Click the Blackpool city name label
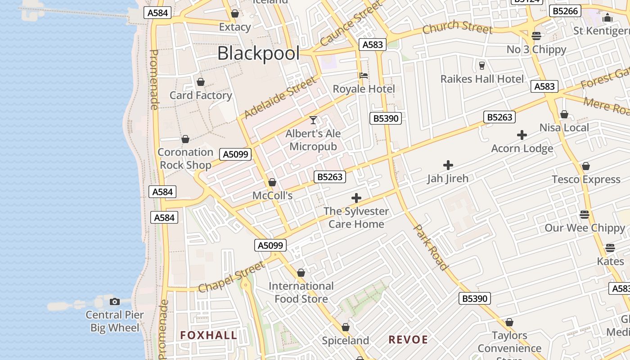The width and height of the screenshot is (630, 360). pyautogui.click(x=258, y=53)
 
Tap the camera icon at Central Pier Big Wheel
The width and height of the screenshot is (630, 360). pyautogui.click(x=115, y=301)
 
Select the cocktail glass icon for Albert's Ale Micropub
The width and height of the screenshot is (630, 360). pyautogui.click(x=313, y=120)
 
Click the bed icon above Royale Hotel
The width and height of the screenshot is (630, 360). pyautogui.click(x=364, y=75)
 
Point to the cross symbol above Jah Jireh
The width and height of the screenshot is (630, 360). pyautogui.click(x=448, y=165)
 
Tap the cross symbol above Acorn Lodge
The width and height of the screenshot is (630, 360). pyautogui.click(x=522, y=135)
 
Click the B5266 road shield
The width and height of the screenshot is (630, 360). pyautogui.click(x=565, y=11)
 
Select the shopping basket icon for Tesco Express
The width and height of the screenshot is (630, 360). pyautogui.click(x=585, y=166)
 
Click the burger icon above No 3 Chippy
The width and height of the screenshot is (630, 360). pyautogui.click(x=536, y=36)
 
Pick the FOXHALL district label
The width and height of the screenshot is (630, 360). pyautogui.click(x=208, y=335)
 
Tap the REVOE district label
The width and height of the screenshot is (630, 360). pyautogui.click(x=408, y=340)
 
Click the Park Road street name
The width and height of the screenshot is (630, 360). pyautogui.click(x=431, y=247)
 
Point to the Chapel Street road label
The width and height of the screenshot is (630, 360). pyautogui.click(x=232, y=277)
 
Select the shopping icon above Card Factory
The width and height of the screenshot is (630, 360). pyautogui.click(x=201, y=82)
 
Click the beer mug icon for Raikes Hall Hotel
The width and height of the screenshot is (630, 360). pyautogui.click(x=482, y=66)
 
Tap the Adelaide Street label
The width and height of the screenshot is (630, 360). pyautogui.click(x=279, y=98)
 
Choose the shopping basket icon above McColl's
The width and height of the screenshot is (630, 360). pyautogui.click(x=272, y=182)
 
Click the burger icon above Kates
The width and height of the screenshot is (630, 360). pyautogui.click(x=610, y=248)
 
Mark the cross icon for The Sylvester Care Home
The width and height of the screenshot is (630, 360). pyautogui.click(x=356, y=198)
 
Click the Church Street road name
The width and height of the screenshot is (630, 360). pyautogui.click(x=457, y=28)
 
